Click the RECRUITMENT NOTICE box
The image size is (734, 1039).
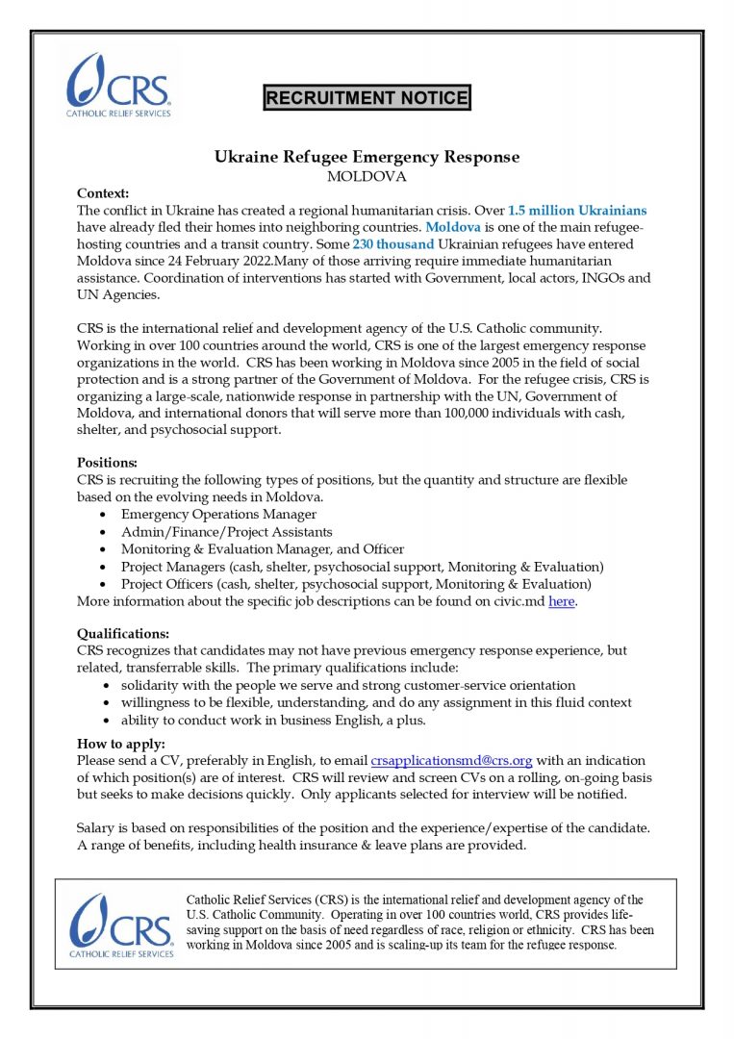click(x=367, y=97)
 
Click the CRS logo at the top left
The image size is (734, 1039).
click(x=118, y=85)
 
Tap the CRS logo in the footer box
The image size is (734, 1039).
click(x=120, y=925)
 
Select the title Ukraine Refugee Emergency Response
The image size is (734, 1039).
click(x=367, y=157)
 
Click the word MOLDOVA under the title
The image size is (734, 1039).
click(x=367, y=176)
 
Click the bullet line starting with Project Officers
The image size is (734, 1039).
click(x=356, y=584)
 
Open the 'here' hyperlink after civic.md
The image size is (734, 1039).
click(x=562, y=602)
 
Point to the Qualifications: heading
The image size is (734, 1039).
click(x=123, y=633)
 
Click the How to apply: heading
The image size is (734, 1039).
click(x=121, y=743)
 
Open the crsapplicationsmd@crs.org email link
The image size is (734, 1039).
click(x=451, y=760)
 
